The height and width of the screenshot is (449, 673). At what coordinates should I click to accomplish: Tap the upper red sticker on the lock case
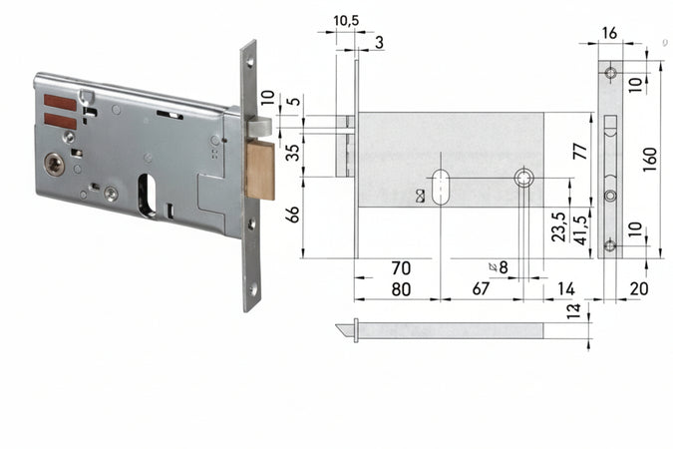coord(60,103)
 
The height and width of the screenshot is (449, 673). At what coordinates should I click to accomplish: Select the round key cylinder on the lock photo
coord(55,163)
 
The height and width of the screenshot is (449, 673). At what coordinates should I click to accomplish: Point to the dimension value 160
coord(649,158)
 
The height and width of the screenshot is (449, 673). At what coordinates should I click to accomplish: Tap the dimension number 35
coord(292,152)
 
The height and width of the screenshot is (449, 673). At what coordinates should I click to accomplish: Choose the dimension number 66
coord(292,214)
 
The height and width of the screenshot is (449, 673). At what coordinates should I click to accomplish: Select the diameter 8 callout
coord(500,267)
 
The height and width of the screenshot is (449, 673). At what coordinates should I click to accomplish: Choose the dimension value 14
coord(565,289)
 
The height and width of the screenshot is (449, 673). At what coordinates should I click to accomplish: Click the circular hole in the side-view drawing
coord(523,179)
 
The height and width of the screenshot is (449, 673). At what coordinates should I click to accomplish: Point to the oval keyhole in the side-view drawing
coord(440,187)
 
